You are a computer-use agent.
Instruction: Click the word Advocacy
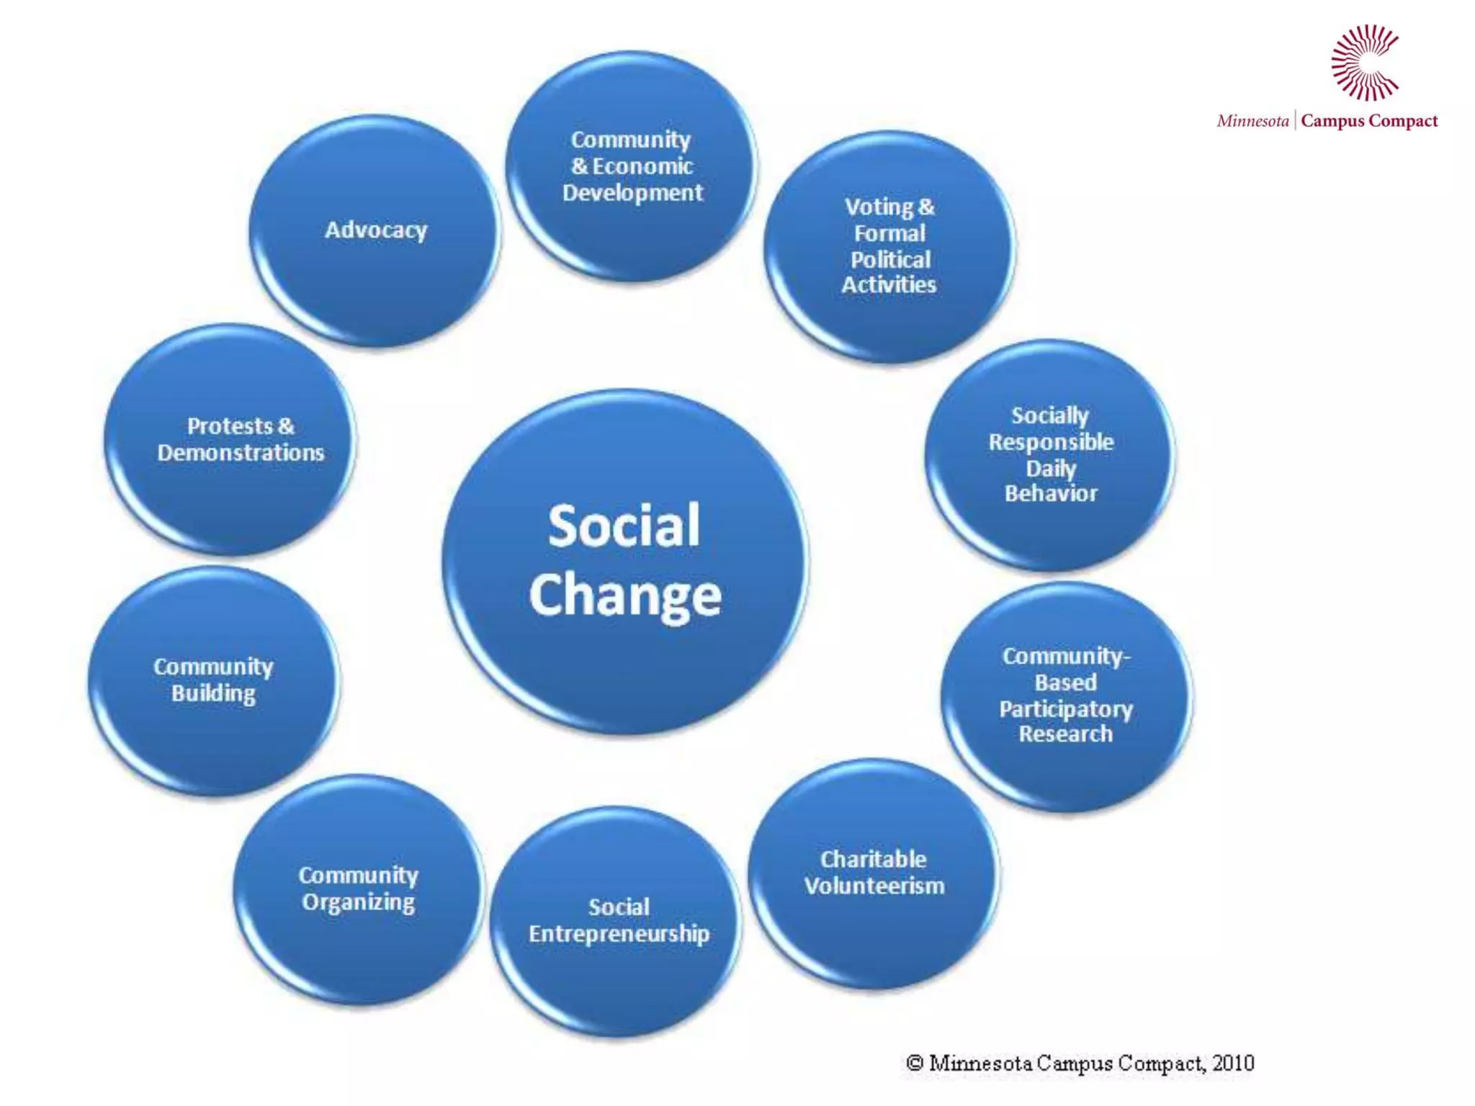point(375,230)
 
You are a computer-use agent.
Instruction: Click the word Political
point(890,259)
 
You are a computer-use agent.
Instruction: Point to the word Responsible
point(1051,441)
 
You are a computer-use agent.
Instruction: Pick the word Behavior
point(1051,493)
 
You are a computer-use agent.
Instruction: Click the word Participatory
point(1065,709)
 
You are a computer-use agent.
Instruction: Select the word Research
point(1065,734)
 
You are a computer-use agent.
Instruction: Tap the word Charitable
point(873,859)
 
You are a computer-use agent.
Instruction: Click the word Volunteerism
point(874,886)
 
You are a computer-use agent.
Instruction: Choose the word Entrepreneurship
point(619,934)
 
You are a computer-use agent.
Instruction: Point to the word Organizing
point(358,902)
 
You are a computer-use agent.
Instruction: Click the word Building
point(213,693)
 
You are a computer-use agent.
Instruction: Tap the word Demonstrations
point(241,453)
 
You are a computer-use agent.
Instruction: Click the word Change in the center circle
point(624,596)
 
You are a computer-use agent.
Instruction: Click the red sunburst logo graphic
point(1364,63)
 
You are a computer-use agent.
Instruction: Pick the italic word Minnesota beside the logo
point(1252,121)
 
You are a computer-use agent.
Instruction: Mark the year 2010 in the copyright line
point(1232,1064)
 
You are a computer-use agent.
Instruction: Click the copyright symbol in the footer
point(915,1064)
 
